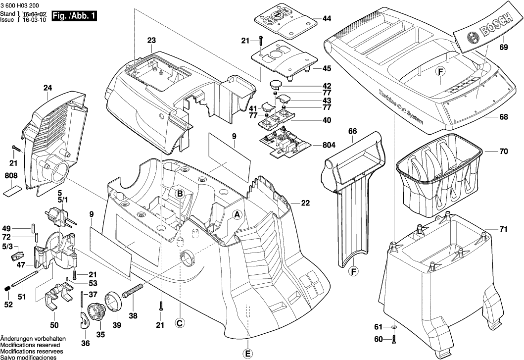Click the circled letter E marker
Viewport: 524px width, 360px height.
click(248, 353)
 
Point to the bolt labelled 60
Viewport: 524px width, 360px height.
click(394, 340)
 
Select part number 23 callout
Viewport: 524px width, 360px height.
click(151, 40)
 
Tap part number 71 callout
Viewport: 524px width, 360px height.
click(504, 230)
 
